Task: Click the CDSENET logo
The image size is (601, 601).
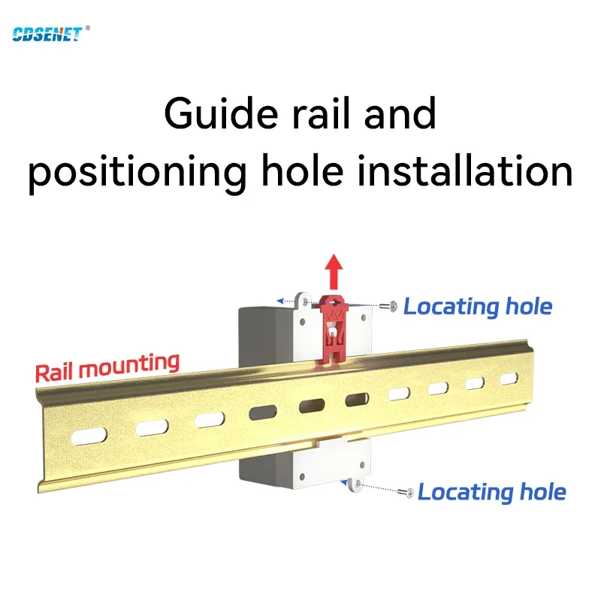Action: tap(46, 34)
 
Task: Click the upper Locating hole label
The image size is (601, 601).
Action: tap(478, 307)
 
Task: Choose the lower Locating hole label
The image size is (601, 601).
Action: tap(491, 492)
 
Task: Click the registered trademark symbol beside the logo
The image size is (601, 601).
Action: tap(88, 29)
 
